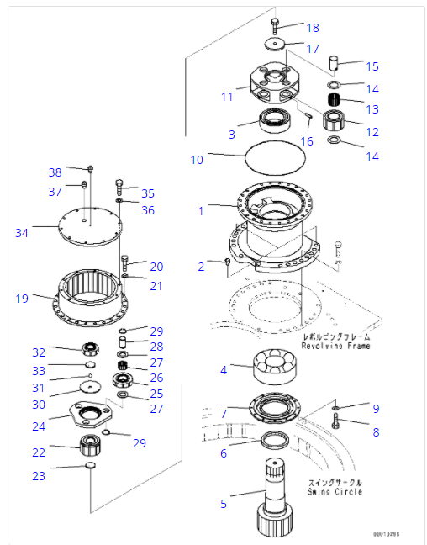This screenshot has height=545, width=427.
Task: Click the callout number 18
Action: tap(312, 28)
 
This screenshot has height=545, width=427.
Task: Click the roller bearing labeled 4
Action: tap(277, 367)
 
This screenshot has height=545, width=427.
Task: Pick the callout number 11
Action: tap(227, 97)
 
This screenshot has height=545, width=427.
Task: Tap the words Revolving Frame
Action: tap(336, 346)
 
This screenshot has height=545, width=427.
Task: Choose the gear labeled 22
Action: tap(89, 445)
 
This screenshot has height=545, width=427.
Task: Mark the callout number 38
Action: tap(55, 172)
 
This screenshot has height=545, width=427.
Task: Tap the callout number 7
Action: tap(224, 414)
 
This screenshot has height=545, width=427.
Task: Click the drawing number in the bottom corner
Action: tap(386, 534)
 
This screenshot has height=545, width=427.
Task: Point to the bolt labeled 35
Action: tap(119, 186)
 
